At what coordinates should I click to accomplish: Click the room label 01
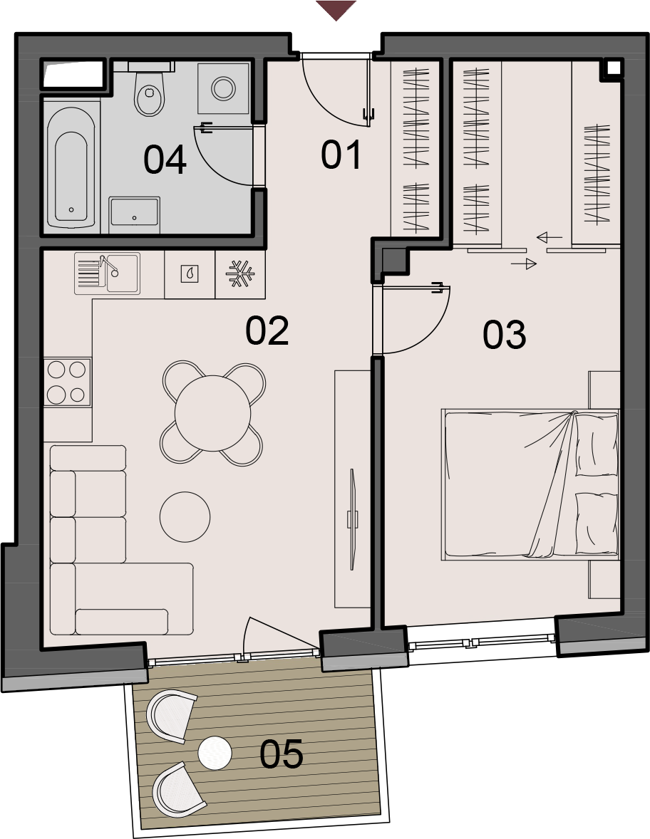pos(341,155)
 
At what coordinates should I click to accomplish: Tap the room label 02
pos(267,330)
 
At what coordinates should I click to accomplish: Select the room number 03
pos(504,335)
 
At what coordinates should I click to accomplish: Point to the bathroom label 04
pos(165,160)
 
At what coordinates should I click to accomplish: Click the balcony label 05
pos(281,754)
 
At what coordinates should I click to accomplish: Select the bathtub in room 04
pos(71,167)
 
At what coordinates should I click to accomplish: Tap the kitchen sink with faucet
pos(107,273)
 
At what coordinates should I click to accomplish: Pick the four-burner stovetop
pos(68,382)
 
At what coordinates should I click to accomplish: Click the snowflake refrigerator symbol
pos(240,273)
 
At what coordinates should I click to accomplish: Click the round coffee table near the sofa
pos(185,517)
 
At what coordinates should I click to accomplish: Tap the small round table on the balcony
pos(215,754)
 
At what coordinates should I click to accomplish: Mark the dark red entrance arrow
pos(336,10)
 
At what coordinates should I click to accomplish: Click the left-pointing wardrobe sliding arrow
pos(550,237)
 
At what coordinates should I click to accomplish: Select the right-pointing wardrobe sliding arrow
pos(523,264)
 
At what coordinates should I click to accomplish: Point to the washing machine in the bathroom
pos(223,88)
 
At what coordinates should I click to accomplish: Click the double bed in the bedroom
pos(530,485)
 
